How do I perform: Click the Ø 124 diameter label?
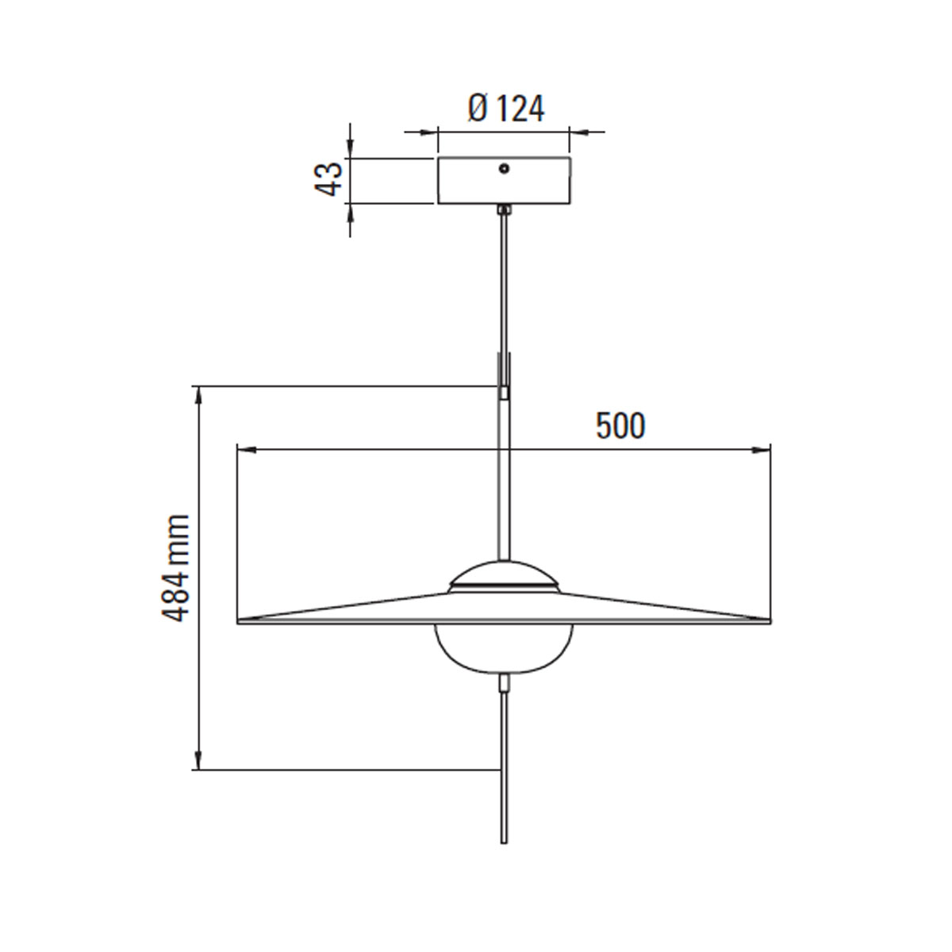[x=506, y=109]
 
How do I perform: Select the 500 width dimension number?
[x=620, y=427]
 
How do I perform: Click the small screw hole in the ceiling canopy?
[x=504, y=168]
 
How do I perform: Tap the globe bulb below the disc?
[x=503, y=647]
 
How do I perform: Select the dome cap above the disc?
[x=503, y=573]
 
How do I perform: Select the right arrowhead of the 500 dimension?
[x=762, y=450]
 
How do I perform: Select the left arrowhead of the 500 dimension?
[x=246, y=450]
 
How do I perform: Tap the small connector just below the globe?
[x=504, y=682]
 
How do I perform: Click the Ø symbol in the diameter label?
[x=478, y=109]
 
